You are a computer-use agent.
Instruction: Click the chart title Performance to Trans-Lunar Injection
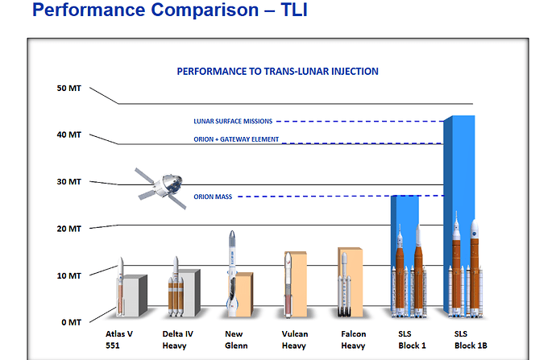277,71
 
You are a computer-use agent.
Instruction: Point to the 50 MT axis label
69,88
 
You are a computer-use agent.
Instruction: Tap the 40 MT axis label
69,134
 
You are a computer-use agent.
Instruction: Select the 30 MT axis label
69,181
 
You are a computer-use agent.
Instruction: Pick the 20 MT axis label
69,228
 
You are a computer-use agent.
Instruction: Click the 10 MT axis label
69,275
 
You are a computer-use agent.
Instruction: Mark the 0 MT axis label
72,322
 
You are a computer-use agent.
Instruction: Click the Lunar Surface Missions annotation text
233,122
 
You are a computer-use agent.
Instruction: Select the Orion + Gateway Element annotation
236,139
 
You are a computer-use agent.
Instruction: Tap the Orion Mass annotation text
213,197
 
